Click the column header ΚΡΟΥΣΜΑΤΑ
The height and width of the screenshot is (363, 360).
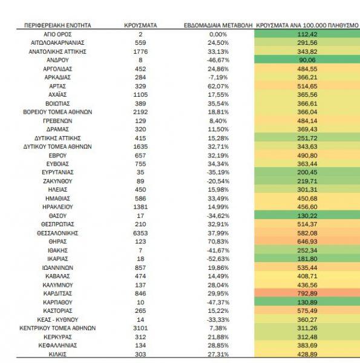140,25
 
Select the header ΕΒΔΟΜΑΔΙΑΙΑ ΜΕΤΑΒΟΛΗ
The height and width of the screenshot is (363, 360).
218,25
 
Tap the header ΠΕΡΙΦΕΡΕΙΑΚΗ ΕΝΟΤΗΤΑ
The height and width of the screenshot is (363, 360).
57,25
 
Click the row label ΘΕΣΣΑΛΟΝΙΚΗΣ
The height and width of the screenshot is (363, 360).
57,233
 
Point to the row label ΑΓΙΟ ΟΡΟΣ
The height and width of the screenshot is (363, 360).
57,34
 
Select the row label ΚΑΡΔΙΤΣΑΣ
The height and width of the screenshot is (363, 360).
57,293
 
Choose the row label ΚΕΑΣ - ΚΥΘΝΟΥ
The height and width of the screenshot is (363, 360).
57,319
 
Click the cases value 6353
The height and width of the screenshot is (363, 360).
140,233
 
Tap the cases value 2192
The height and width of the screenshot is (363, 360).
140,112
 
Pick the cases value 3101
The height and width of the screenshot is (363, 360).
140,328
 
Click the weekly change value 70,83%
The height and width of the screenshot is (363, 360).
218,241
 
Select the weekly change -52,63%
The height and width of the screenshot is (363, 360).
218,259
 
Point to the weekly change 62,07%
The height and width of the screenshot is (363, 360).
218,87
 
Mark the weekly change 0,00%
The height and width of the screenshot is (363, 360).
218,34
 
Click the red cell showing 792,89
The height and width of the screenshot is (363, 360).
307,293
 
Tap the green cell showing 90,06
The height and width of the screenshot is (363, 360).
307,60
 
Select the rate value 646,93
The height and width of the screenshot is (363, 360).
307,241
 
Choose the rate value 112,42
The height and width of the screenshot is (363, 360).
307,34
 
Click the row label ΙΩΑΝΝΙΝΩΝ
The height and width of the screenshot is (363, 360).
57,268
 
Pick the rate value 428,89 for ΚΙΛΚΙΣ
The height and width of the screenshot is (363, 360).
307,354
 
